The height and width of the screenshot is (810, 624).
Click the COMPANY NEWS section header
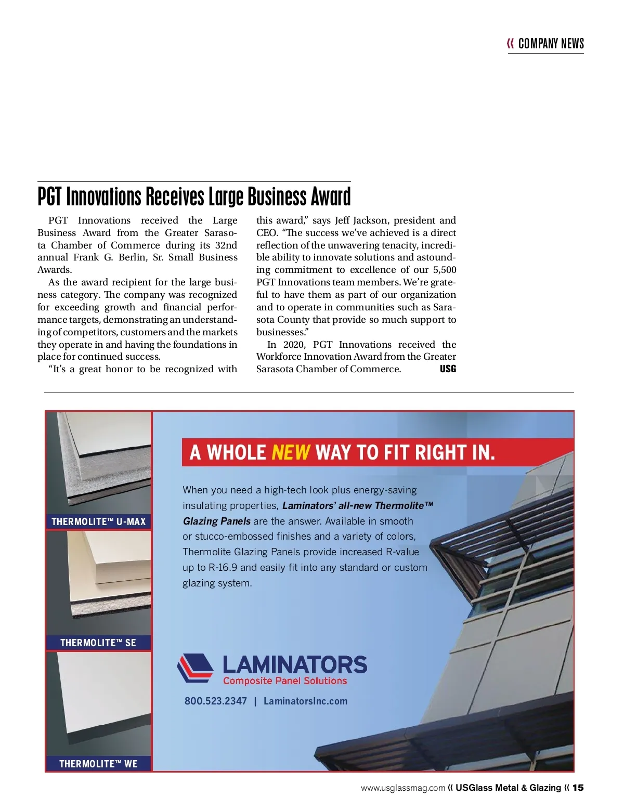[551, 44]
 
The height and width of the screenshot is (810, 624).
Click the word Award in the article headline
[331, 197]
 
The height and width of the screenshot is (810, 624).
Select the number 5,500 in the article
[445, 270]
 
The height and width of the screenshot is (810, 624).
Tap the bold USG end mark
[448, 369]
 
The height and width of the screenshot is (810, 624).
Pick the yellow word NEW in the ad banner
[291, 452]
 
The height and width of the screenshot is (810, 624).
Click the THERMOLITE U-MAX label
[98, 521]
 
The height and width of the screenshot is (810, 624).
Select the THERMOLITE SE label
[98, 643]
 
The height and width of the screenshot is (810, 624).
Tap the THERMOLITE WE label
[98, 764]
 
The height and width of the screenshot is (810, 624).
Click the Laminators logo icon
[195, 668]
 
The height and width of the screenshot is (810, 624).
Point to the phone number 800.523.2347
[216, 701]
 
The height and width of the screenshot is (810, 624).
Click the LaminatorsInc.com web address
[305, 701]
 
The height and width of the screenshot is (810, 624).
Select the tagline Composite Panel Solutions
[285, 681]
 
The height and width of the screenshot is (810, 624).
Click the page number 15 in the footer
[578, 788]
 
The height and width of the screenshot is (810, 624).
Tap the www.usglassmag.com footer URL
[403, 788]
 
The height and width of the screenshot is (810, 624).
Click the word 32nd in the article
[226, 245]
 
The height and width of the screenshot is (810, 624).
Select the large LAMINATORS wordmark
[294, 664]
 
